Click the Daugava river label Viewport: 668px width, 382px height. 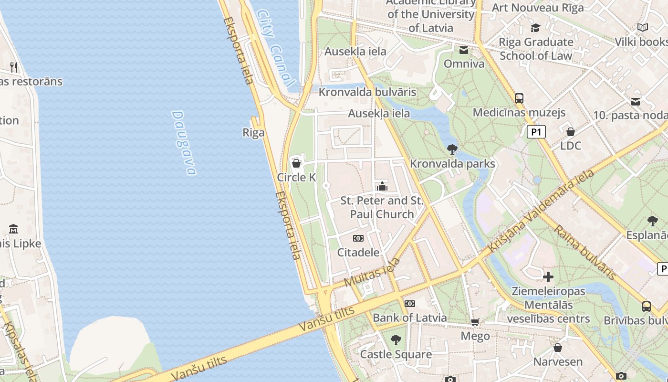pyautogui.click(x=184, y=143)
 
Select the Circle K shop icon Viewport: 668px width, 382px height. pyautogui.click(x=296, y=164)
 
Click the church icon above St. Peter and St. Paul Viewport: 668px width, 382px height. pyautogui.click(x=382, y=186)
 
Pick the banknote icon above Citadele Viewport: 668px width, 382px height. pyautogui.click(x=358, y=238)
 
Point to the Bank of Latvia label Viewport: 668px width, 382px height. pyautogui.click(x=409, y=318)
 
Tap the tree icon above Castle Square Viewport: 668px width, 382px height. pyautogui.click(x=396, y=340)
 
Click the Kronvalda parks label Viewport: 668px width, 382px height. pyautogui.click(x=452, y=164)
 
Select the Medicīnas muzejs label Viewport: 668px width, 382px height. pyautogui.click(x=519, y=113)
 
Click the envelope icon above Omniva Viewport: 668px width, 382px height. pyautogui.click(x=463, y=50)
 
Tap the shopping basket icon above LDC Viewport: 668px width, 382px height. pyautogui.click(x=570, y=132)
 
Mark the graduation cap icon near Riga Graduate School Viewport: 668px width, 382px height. pyautogui.click(x=535, y=28)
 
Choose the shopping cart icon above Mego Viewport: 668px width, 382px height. pyautogui.click(x=475, y=322)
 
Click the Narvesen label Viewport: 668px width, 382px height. pyautogui.click(x=558, y=361)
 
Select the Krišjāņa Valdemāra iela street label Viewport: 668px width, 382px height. pyautogui.click(x=542, y=210)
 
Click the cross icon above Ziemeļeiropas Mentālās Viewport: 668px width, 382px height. pyautogui.click(x=548, y=277)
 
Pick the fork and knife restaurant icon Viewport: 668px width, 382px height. pyautogui.click(x=14, y=67)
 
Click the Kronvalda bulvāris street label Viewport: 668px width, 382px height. pyautogui.click(x=367, y=92)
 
